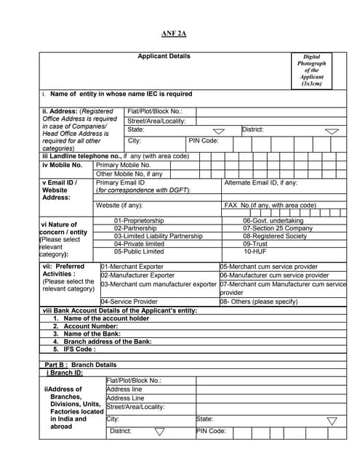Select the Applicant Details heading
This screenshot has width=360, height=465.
(x=164, y=56)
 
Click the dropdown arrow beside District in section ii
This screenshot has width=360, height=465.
(x=332, y=132)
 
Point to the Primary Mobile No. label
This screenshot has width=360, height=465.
(x=124, y=165)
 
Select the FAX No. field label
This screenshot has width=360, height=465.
(x=270, y=206)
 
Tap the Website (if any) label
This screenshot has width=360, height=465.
(x=119, y=206)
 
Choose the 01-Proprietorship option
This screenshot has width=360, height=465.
(x=139, y=220)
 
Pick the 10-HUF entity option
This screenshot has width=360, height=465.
(x=255, y=251)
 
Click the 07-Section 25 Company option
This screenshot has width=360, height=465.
(x=278, y=228)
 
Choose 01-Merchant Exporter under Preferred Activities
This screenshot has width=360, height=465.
(x=132, y=267)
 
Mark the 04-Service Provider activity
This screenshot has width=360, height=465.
(x=129, y=301)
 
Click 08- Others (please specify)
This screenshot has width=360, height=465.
(x=259, y=301)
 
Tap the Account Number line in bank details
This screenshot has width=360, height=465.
(x=84, y=326)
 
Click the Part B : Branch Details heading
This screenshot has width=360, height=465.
(x=80, y=364)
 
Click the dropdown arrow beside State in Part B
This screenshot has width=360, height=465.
(x=332, y=421)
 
